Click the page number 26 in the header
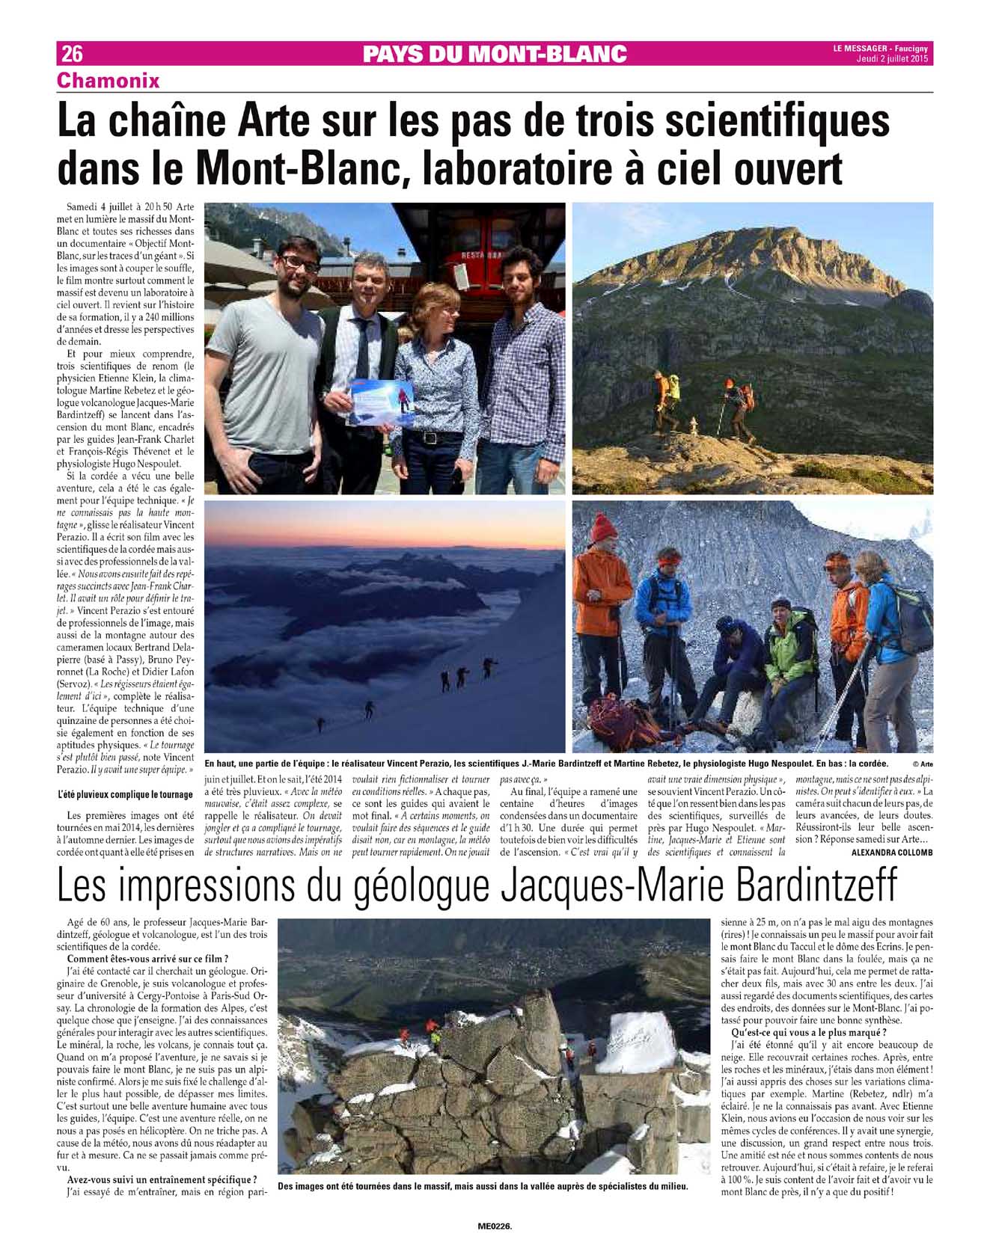(72, 54)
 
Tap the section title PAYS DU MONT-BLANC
(494, 54)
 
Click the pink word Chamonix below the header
(109, 80)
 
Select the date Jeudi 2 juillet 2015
(891, 60)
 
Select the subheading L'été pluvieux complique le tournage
(125, 794)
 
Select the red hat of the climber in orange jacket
(603, 528)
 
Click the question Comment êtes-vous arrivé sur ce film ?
(147, 959)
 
